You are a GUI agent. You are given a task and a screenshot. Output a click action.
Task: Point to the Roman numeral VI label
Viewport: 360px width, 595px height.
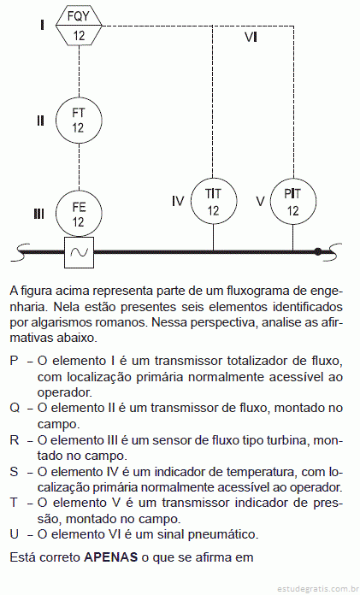[251, 38]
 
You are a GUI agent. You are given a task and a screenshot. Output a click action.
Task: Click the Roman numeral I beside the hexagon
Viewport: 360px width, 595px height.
[42, 26]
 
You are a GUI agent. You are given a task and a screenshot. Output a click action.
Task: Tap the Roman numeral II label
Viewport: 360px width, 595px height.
[41, 121]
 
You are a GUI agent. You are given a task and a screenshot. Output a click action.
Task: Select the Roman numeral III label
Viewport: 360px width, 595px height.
[38, 215]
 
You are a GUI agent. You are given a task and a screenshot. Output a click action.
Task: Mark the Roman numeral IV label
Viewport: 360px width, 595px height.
[178, 201]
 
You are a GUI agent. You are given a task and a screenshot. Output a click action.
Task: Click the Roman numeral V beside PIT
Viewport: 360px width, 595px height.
[260, 201]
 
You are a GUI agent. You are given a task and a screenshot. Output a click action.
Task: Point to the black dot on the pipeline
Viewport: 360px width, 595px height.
[318, 251]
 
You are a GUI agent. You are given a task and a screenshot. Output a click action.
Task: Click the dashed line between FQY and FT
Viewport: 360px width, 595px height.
[79, 71]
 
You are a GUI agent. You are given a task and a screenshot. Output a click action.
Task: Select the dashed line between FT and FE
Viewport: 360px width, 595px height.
[79, 167]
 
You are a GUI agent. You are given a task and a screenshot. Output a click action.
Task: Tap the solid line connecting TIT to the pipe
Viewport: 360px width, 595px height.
[214, 238]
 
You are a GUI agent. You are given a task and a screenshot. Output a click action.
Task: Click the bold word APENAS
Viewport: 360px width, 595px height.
[110, 557]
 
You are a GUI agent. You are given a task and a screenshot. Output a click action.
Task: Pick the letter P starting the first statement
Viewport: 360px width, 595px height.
[14, 361]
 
